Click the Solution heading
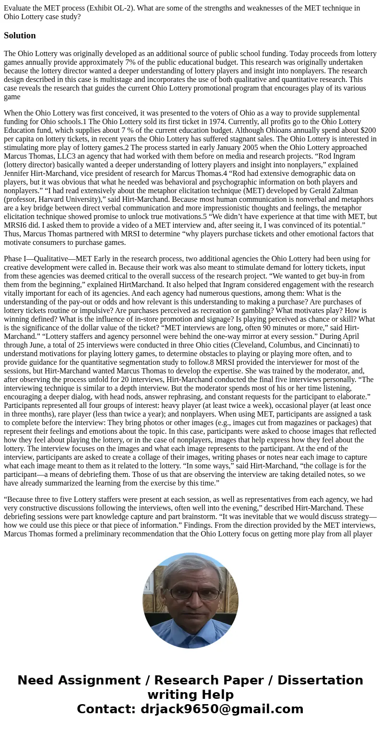coord(20,35)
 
